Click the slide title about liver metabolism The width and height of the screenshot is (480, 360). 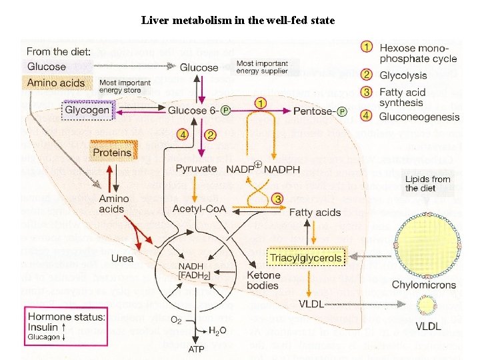(x=238, y=20)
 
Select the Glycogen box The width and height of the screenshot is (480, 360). (x=87, y=110)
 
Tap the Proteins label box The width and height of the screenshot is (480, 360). (x=112, y=152)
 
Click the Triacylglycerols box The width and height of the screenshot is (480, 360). (x=307, y=257)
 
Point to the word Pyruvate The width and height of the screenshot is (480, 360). (x=196, y=168)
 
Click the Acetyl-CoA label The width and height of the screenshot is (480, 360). (x=199, y=209)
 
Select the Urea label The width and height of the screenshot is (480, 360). (x=122, y=258)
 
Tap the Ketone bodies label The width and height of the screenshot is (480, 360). (x=263, y=280)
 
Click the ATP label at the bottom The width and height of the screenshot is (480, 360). (x=197, y=349)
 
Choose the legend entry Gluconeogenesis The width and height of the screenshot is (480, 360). (x=419, y=117)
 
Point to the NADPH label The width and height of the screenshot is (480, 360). (x=283, y=169)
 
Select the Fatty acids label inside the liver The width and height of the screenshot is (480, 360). (x=315, y=213)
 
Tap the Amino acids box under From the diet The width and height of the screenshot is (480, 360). (x=56, y=83)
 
